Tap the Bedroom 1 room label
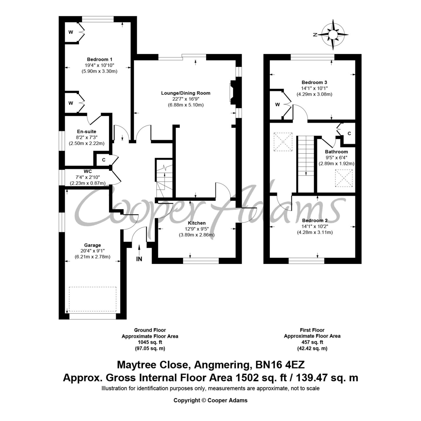(x=100, y=59)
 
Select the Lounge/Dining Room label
(x=186, y=93)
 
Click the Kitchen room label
(x=197, y=223)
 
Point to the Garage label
(x=93, y=245)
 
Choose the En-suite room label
(x=87, y=132)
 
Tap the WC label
(x=88, y=171)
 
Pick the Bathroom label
(x=337, y=152)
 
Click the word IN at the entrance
(x=139, y=259)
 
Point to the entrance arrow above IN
(x=139, y=250)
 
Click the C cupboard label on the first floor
(x=349, y=133)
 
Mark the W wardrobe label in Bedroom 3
(x=277, y=105)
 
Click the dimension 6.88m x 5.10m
(x=186, y=105)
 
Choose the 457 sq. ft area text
(x=312, y=342)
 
